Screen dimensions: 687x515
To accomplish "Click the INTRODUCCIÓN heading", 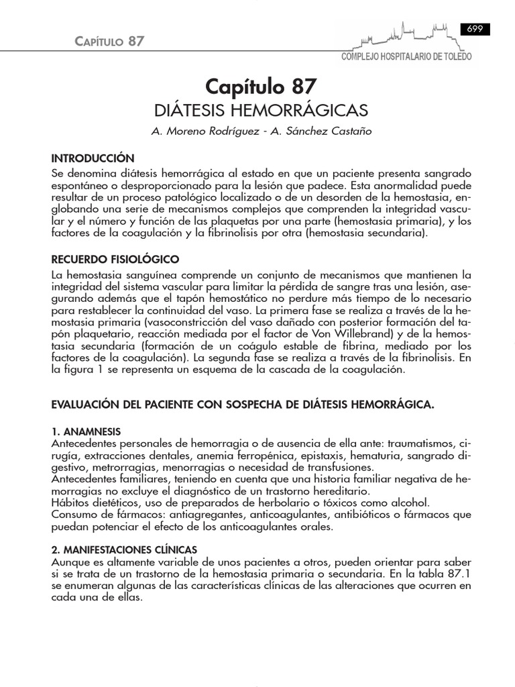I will tap(93, 158).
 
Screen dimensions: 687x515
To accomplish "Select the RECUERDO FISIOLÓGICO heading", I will tap(115, 259).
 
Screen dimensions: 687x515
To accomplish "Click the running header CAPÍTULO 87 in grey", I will tap(108, 42).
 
